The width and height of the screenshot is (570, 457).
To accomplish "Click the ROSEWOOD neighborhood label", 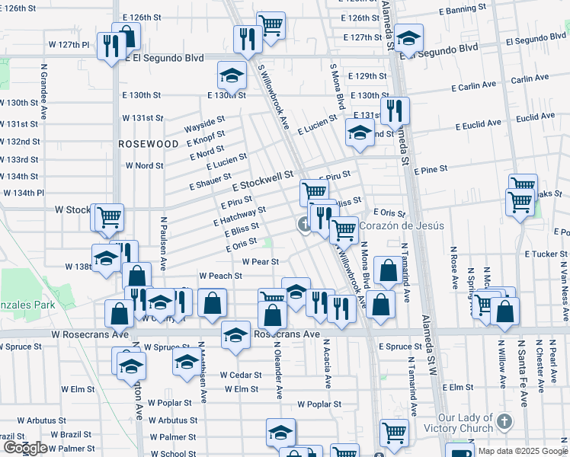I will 149,143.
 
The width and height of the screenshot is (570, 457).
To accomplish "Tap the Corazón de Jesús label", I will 401,225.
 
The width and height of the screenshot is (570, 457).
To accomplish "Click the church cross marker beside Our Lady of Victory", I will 504,421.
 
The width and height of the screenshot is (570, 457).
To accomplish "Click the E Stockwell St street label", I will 263,181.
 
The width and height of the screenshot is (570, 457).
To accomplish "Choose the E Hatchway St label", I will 239,216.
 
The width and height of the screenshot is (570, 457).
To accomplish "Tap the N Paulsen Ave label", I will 163,239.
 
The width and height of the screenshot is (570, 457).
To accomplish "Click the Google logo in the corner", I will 25,448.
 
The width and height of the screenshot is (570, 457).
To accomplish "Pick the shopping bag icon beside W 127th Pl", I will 126,37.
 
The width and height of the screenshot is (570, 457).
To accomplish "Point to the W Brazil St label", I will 73,434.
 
